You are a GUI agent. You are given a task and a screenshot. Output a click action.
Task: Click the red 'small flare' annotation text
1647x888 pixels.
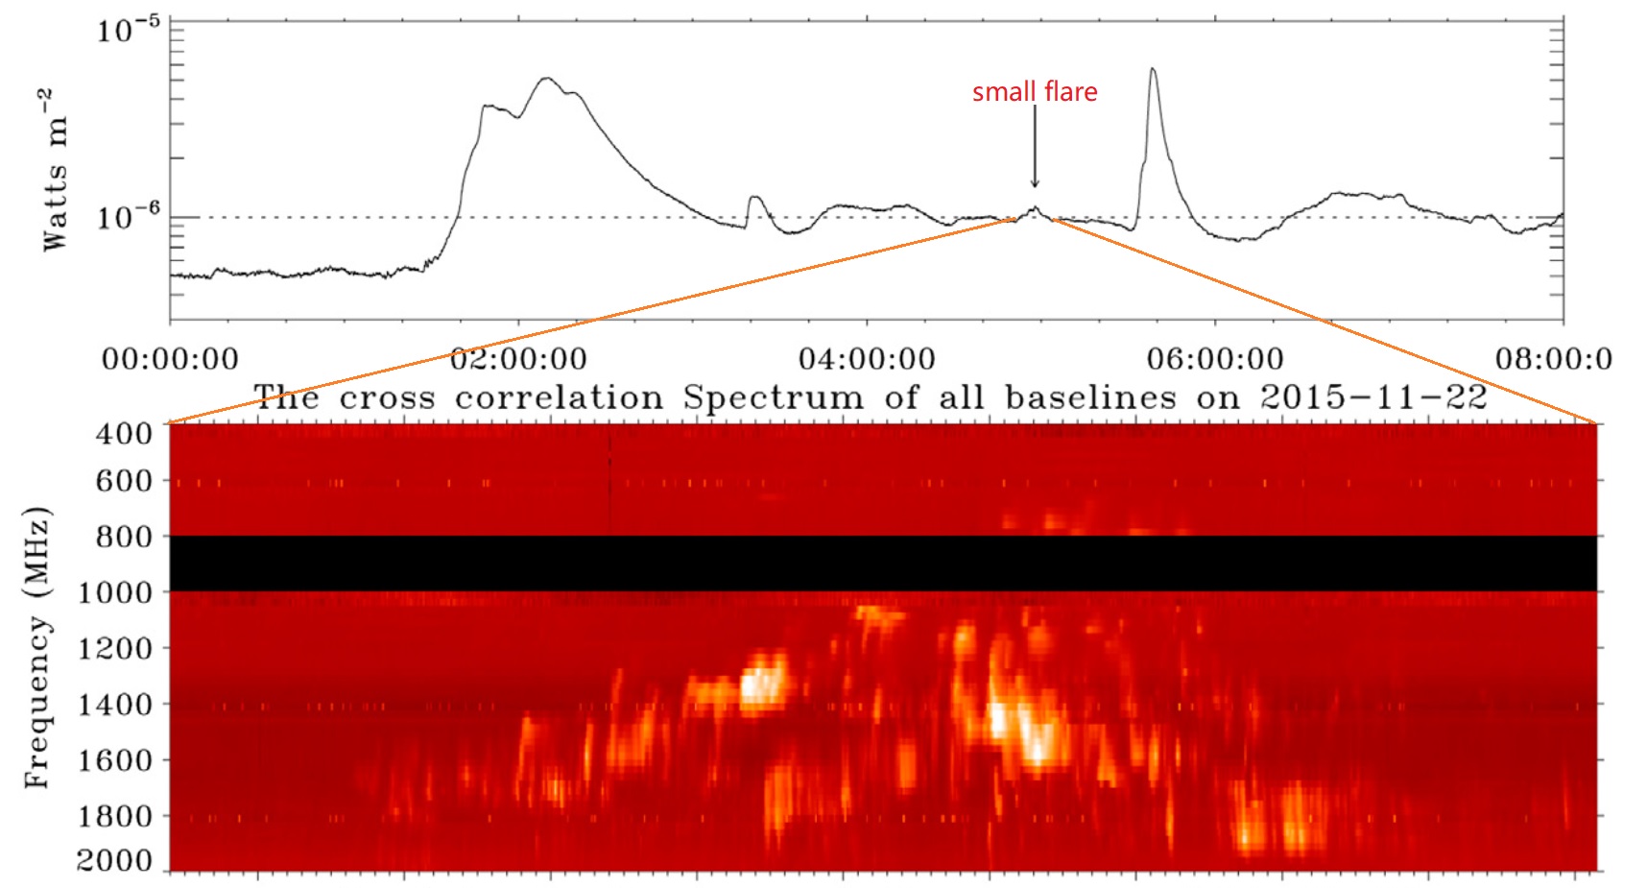pos(1035,92)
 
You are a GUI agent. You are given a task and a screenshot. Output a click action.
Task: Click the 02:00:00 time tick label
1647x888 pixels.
pos(518,359)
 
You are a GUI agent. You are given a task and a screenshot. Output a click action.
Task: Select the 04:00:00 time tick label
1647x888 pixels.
pos(867,359)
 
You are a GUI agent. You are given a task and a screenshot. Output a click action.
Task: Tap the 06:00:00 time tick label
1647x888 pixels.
pos(1215,359)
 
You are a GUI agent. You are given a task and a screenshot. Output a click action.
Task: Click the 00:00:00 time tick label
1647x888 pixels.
pos(170,359)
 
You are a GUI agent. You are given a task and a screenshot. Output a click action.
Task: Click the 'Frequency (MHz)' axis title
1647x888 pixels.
pos(37,647)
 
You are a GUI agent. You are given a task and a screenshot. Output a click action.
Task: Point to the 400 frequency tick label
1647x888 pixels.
pos(124,434)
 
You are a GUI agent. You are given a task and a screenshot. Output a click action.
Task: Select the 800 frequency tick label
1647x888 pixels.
pos(124,538)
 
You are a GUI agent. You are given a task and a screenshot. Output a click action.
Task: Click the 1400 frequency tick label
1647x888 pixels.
pos(114,705)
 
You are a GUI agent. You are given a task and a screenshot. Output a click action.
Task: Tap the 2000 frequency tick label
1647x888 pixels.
pos(114,860)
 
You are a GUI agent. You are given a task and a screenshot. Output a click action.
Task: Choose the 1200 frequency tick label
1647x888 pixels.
pos(114,649)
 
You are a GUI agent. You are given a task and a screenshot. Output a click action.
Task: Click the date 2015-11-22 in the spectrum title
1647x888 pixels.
pos(1373,396)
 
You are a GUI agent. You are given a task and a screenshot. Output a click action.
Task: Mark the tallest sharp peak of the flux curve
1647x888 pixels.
pos(1152,70)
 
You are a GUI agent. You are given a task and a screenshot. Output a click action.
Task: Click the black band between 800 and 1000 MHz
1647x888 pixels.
pos(883,564)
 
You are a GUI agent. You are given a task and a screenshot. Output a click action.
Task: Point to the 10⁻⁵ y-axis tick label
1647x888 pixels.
pos(127,31)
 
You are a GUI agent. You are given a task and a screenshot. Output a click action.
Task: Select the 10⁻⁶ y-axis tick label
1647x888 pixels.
pos(127,217)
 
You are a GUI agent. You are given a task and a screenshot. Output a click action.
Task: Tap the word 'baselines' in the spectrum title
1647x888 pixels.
pos(1090,396)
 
